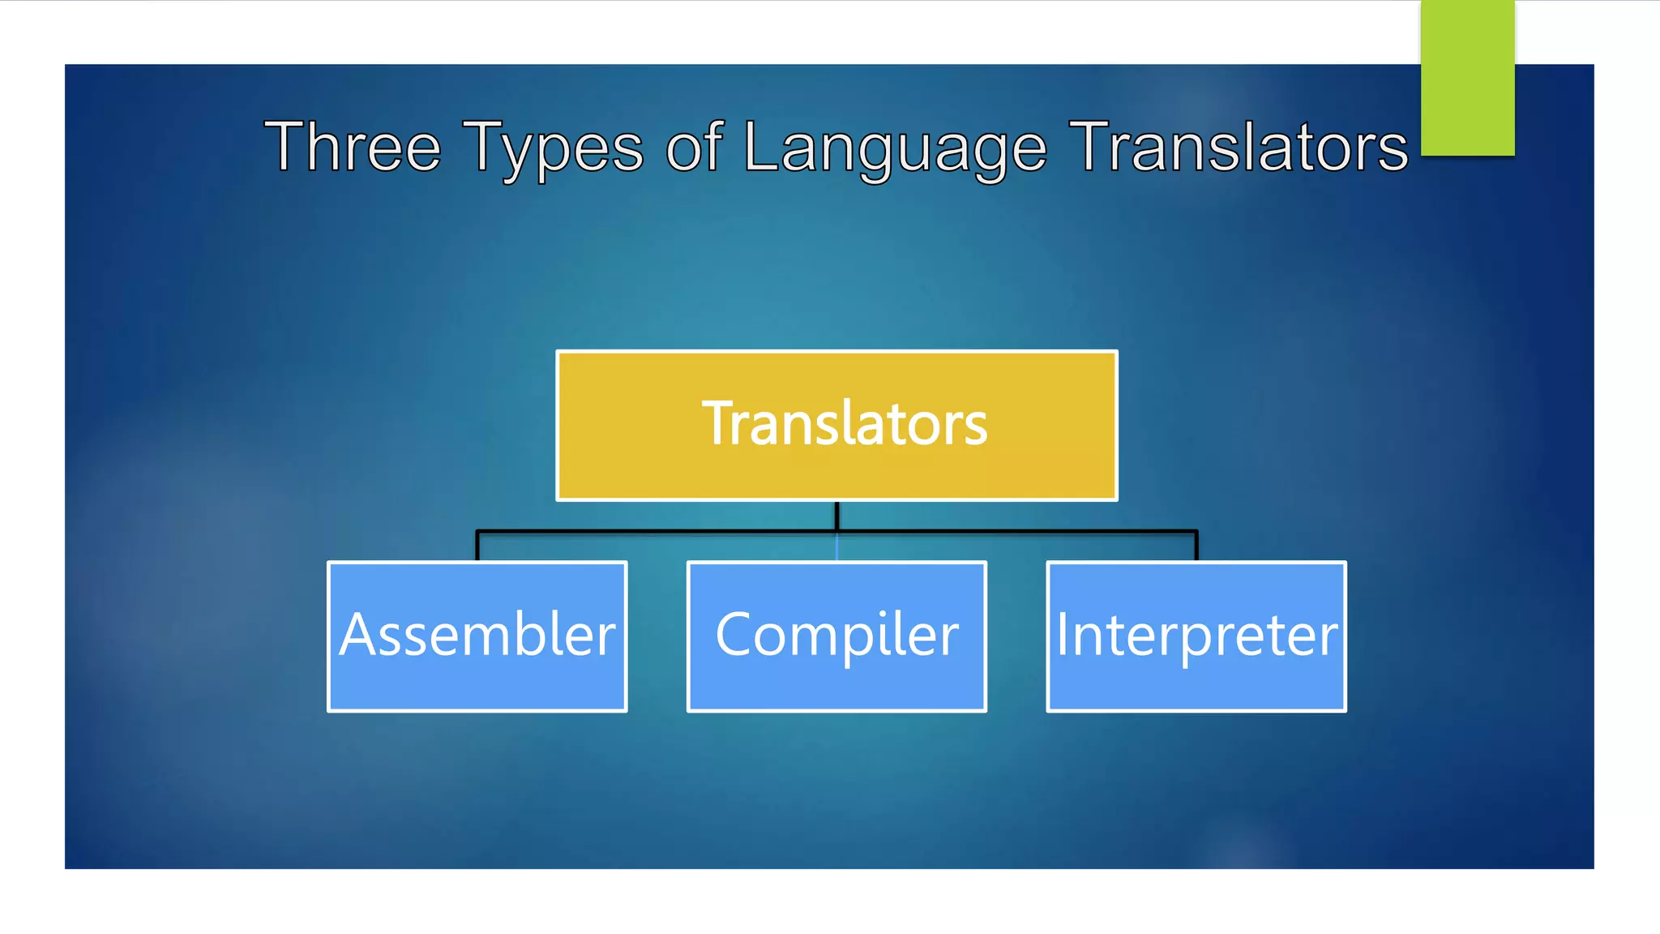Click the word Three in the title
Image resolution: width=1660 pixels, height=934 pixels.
[x=353, y=147]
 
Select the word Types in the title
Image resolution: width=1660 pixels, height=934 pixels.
[x=553, y=147]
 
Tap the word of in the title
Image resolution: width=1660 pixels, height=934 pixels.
[x=694, y=147]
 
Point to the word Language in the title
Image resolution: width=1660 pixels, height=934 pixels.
[x=895, y=147]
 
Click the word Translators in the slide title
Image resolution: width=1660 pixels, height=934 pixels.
[x=1239, y=147]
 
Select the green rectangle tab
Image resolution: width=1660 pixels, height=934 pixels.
[x=1467, y=78]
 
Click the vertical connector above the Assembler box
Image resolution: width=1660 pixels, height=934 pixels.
[x=477, y=546]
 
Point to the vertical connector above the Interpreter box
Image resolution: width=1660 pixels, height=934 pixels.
[x=1196, y=546]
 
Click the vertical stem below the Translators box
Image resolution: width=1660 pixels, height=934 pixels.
[x=836, y=516]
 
